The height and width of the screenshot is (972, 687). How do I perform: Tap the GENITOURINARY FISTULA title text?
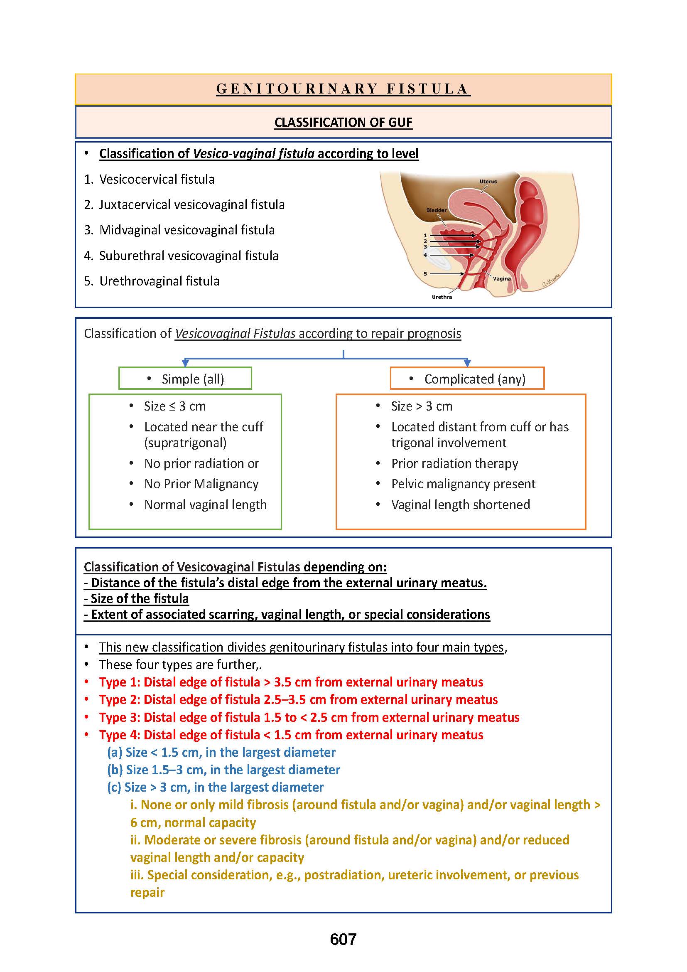click(x=343, y=89)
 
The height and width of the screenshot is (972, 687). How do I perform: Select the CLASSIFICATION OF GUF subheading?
click(x=343, y=122)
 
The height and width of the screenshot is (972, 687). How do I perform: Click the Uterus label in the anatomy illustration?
click(x=488, y=182)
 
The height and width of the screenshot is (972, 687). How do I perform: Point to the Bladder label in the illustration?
click(x=436, y=210)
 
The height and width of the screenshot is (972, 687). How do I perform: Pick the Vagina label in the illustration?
click(x=502, y=278)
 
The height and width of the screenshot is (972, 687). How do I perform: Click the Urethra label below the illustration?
click(x=442, y=297)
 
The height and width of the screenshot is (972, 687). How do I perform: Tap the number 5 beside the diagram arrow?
click(x=426, y=274)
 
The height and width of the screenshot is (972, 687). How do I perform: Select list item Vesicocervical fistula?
click(x=157, y=180)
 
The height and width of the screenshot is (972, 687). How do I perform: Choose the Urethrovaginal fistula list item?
click(x=159, y=281)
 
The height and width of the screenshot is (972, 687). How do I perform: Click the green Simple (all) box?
click(x=185, y=379)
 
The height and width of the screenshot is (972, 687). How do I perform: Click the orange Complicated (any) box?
click(x=467, y=379)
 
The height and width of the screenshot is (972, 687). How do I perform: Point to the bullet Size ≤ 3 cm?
click(x=175, y=406)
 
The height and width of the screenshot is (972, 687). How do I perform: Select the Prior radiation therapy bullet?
click(x=454, y=464)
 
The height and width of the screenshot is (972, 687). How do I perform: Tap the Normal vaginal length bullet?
click(x=205, y=504)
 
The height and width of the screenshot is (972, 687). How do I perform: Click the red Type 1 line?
click(x=291, y=682)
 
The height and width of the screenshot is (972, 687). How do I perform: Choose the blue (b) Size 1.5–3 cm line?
click(x=223, y=770)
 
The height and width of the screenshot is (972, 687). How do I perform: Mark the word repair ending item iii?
click(x=147, y=892)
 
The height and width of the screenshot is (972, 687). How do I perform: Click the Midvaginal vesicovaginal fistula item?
click(x=186, y=230)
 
